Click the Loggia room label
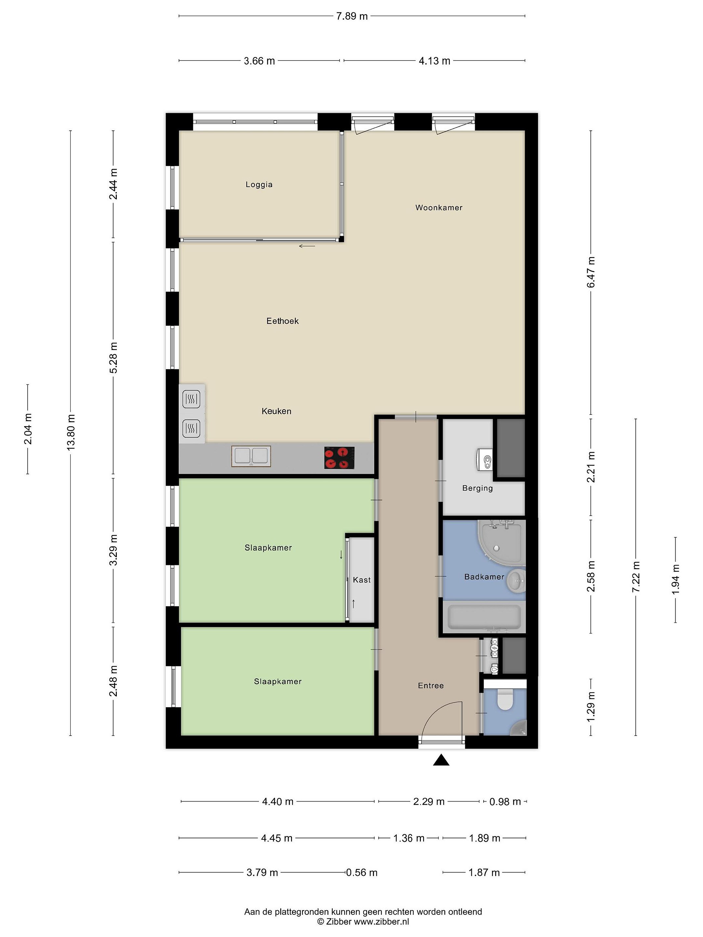click(x=259, y=185)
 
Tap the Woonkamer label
click(x=439, y=208)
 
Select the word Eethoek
click(x=283, y=321)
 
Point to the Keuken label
click(x=276, y=411)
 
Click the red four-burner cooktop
click(x=340, y=458)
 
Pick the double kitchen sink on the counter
click(x=251, y=456)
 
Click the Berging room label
click(x=477, y=488)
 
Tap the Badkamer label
click(x=484, y=577)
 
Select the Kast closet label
click(x=362, y=580)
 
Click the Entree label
click(x=431, y=686)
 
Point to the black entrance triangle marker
click(x=441, y=760)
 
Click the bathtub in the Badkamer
click(x=484, y=617)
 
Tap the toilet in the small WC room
click(x=504, y=700)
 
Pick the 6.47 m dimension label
click(x=591, y=272)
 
